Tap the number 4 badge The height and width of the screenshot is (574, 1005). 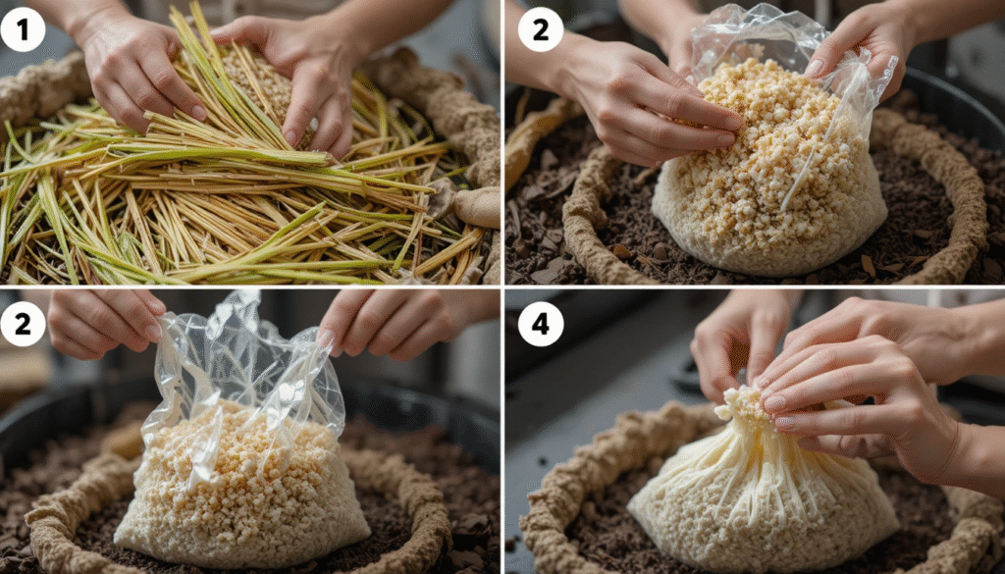coord(540,323)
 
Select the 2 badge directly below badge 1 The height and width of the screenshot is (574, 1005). coord(24,323)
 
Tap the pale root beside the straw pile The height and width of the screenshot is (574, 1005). coord(479,205)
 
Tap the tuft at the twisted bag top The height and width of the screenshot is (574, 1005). coord(742,402)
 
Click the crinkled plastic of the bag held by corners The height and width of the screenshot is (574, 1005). coord(245,363)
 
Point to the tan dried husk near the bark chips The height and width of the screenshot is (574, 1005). coord(535,132)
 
